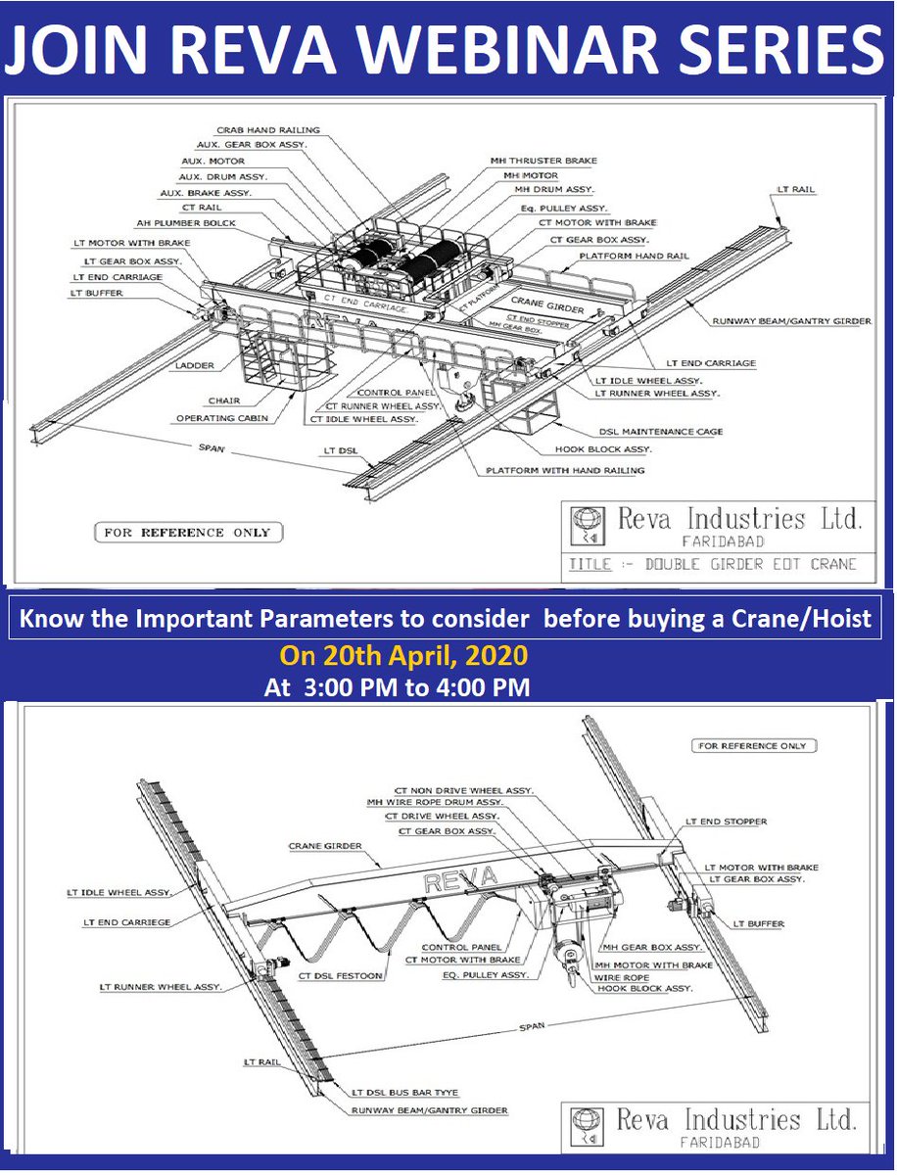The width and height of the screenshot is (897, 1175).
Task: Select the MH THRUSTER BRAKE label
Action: coord(543,161)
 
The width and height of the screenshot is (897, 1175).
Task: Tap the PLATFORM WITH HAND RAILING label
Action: coord(565,470)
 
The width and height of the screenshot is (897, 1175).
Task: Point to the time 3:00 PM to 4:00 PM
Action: coord(397,688)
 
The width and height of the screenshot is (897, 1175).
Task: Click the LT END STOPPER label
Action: coord(726,822)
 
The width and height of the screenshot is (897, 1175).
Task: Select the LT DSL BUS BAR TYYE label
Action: coord(404,1092)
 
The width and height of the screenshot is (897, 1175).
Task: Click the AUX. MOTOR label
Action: coord(213,161)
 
